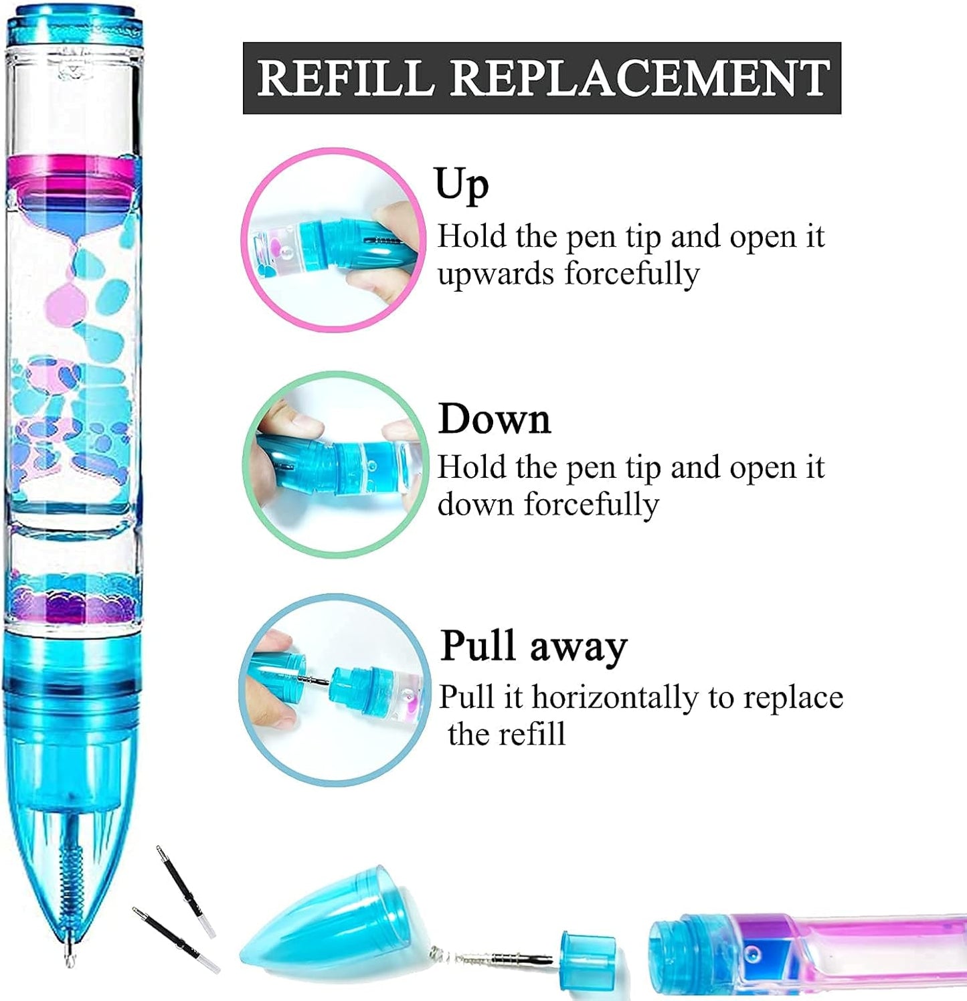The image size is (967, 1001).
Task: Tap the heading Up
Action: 461,185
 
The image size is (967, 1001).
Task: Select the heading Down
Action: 494,420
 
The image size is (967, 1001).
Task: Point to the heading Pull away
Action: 533,646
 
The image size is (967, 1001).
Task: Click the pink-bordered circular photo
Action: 333,240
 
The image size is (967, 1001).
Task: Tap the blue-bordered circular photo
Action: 335,689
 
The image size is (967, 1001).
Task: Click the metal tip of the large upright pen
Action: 69,953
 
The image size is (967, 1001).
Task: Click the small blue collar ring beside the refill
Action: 587,959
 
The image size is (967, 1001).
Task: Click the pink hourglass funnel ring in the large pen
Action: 74,177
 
